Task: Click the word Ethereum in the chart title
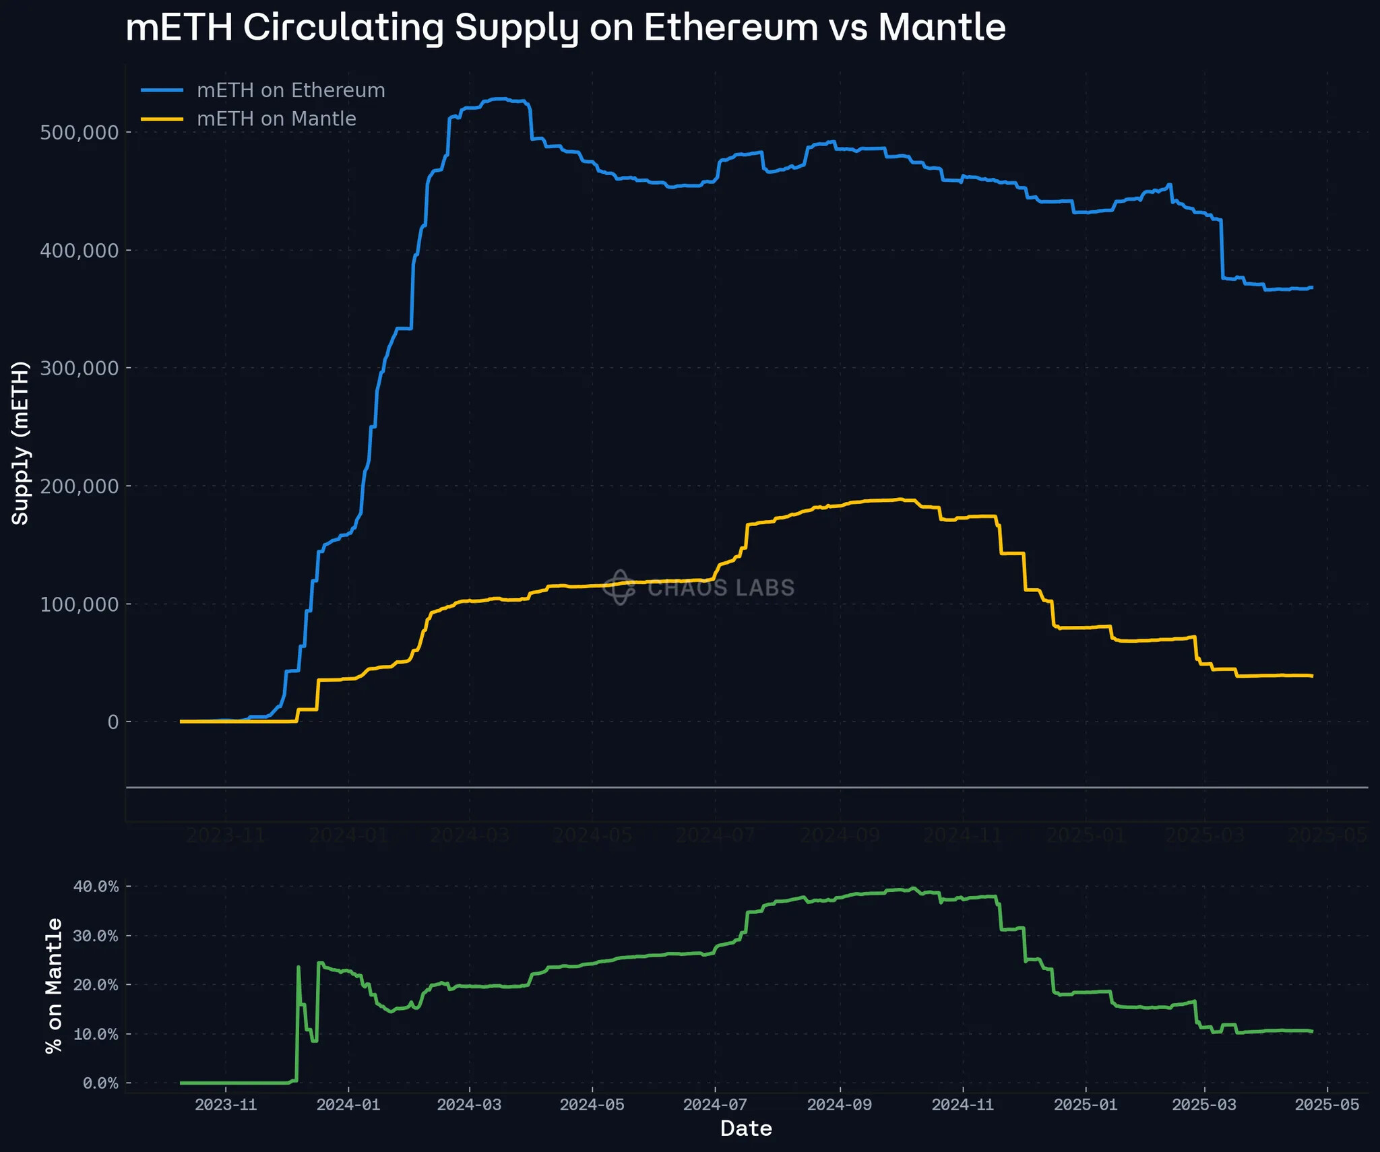click(x=730, y=28)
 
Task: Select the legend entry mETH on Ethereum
click(x=290, y=90)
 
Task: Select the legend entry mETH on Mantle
click(x=276, y=119)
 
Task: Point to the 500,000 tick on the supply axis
click(x=80, y=132)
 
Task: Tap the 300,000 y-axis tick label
click(x=80, y=368)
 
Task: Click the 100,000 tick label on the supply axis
click(x=80, y=604)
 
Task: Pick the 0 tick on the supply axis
click(x=113, y=722)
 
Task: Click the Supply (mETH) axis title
click(x=20, y=443)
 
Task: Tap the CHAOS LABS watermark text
click(x=720, y=588)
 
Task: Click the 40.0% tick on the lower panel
click(x=96, y=887)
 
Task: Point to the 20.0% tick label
click(x=96, y=985)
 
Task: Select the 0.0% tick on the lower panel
click(x=100, y=1083)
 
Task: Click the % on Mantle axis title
click(x=53, y=985)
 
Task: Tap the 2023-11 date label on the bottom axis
click(x=226, y=1105)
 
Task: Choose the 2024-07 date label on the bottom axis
click(x=715, y=1105)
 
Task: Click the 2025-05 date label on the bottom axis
click(x=1327, y=1105)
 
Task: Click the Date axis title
click(x=746, y=1129)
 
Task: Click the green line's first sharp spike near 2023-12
click(x=299, y=967)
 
